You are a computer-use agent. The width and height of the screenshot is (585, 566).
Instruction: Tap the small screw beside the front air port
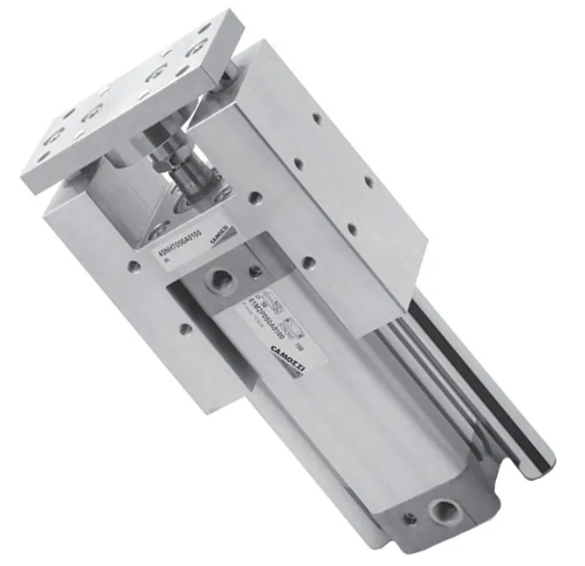(255, 271)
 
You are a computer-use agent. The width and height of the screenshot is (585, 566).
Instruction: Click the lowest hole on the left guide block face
(186, 330)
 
